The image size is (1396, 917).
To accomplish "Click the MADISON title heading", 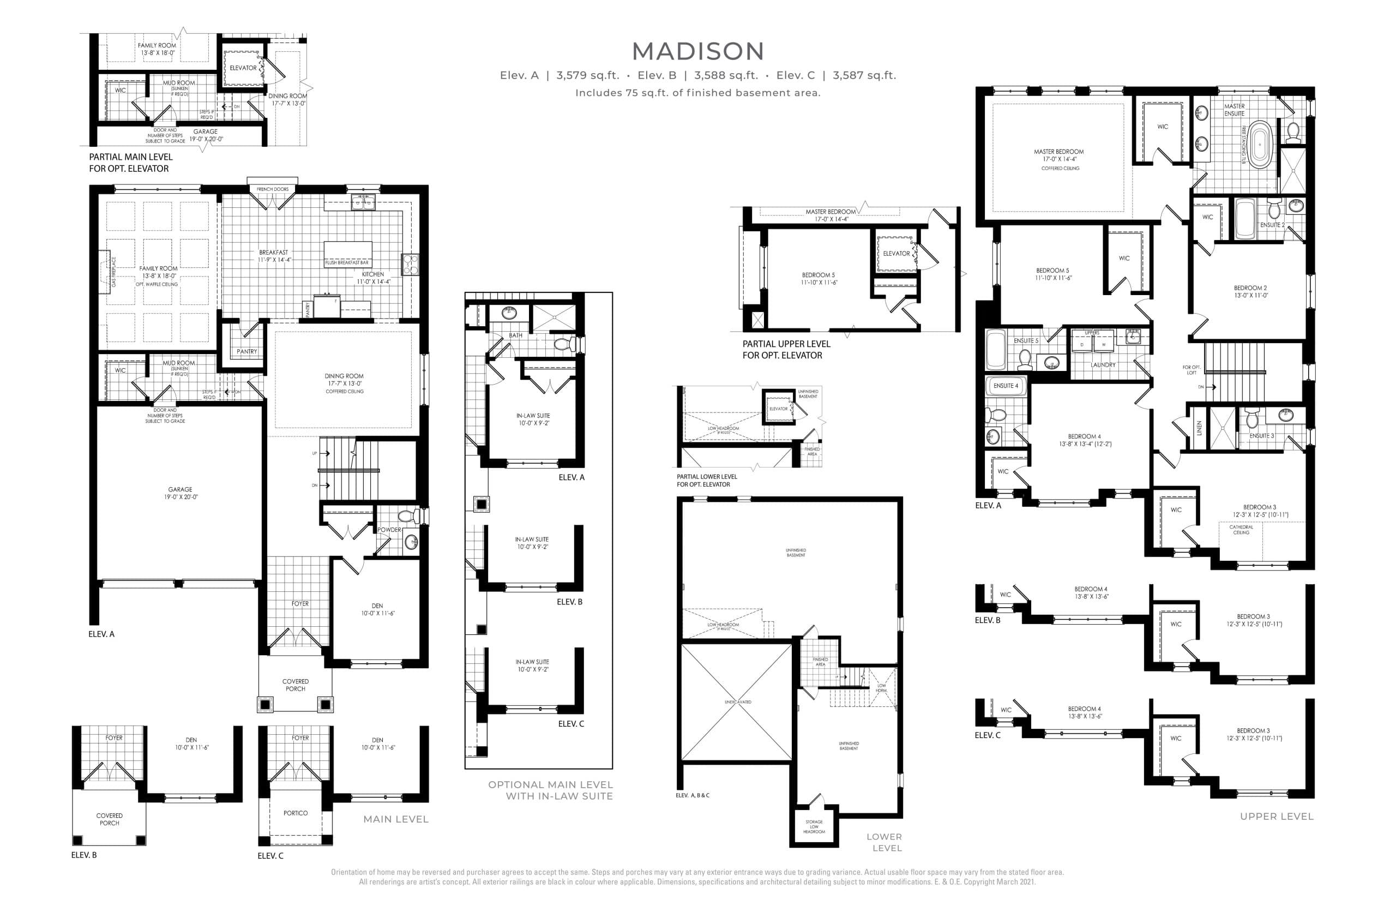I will coord(697,52).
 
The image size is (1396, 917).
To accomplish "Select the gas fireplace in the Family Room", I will coord(106,272).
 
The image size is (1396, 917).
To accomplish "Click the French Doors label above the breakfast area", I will coord(273,189).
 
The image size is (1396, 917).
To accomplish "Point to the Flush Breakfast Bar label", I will coord(347,263).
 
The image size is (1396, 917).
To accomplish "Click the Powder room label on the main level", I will coord(389,530).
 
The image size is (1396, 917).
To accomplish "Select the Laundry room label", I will coord(1103,365).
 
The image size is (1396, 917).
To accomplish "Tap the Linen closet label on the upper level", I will coord(1199,428).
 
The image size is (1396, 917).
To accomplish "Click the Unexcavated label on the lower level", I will coord(737,702).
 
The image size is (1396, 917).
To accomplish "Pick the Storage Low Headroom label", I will coord(814,826).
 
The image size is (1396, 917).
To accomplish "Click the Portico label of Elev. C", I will coord(295,813).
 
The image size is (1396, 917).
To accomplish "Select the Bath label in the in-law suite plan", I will coord(515,335).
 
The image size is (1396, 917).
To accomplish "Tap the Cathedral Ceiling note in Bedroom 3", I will coord(1241,530).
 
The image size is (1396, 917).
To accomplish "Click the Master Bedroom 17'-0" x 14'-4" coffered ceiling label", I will coord(1059,159).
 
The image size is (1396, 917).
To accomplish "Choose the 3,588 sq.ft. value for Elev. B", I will coord(726,75).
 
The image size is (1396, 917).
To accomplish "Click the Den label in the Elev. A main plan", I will coord(377,609).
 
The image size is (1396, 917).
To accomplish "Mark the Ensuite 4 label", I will coord(1006,386).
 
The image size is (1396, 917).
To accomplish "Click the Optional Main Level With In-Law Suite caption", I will coord(550,790).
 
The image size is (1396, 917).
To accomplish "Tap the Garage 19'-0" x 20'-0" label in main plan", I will coord(180,493).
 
